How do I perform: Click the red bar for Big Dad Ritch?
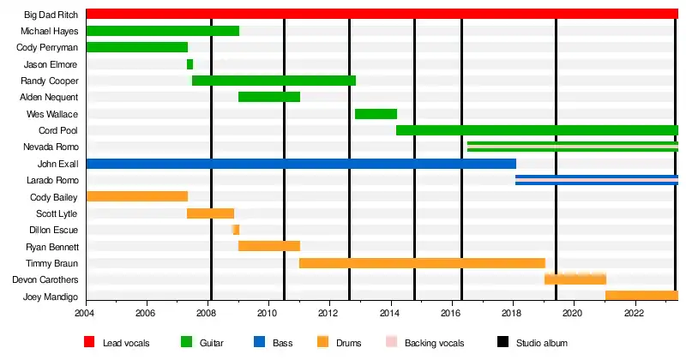point(382,14)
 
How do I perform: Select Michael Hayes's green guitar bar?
point(163,31)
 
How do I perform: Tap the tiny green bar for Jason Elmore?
point(190,64)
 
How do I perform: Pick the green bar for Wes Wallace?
point(376,114)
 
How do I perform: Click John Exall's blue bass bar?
point(300,164)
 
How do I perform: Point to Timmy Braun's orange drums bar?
point(422,263)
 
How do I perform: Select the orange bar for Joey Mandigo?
point(641,296)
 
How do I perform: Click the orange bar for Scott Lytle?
point(210,213)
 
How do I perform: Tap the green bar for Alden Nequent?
point(269,97)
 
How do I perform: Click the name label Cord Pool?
point(58,130)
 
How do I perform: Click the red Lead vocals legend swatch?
point(88,343)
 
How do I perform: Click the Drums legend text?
point(350,343)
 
